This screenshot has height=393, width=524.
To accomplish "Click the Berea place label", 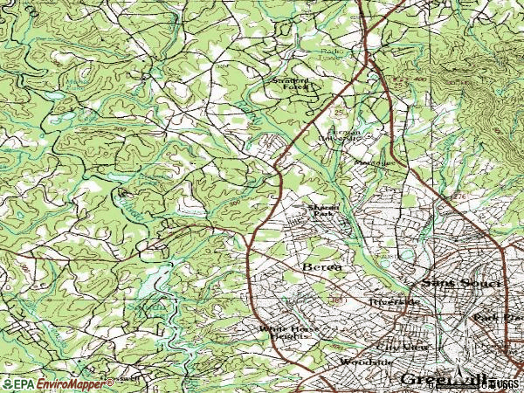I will [x=320, y=265].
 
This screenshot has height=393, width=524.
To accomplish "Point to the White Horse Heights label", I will [x=283, y=333].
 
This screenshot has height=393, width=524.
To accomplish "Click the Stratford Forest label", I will [x=290, y=84].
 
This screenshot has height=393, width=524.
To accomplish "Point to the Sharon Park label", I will [x=321, y=210].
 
